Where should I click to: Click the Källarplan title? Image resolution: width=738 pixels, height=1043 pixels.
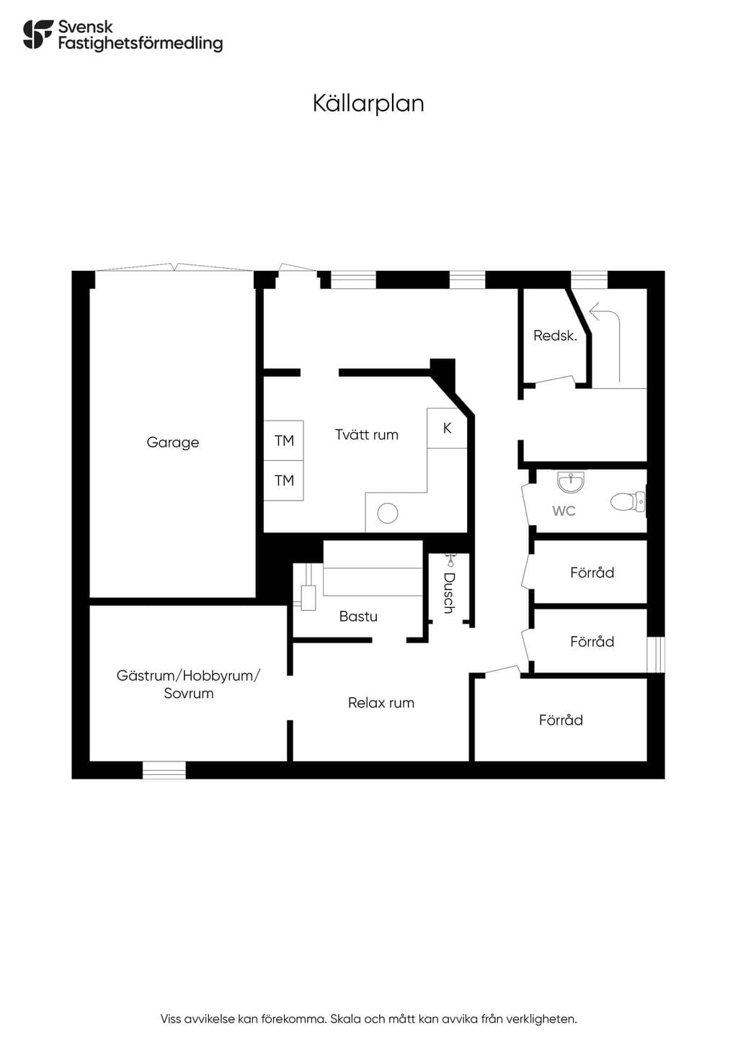368,104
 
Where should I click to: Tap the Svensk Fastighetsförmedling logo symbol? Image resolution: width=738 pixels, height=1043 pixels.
38,34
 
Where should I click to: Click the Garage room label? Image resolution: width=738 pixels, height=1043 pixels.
172,442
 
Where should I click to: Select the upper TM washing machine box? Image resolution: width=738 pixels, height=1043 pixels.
284,441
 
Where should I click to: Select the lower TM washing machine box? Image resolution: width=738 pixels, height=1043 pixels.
284,480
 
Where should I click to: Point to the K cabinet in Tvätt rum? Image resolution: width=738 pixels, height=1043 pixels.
447,429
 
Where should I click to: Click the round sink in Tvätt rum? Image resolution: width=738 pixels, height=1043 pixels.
388,514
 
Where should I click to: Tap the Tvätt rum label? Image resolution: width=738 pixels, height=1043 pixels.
367,435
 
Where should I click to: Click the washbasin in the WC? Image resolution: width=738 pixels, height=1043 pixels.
570,481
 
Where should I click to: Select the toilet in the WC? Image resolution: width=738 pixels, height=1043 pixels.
628,502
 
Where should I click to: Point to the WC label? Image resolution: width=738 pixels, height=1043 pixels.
564,511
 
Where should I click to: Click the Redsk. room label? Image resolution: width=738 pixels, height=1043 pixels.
555,336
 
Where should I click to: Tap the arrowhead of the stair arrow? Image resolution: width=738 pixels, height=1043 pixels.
594,309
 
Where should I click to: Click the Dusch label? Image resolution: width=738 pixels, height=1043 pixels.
449,593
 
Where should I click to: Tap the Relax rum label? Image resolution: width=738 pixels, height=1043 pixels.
381,702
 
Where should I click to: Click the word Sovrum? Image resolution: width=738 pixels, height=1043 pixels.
189,694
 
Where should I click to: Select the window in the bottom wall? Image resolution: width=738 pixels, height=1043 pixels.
164,770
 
